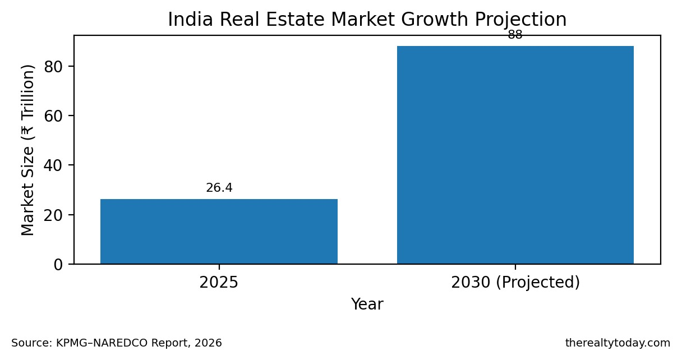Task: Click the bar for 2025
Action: (219, 231)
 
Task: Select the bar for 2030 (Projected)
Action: (515, 155)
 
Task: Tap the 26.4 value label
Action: (219, 188)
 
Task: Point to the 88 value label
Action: (515, 35)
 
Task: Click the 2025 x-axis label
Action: (219, 282)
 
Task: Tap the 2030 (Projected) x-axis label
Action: (515, 282)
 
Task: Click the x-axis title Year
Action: (367, 304)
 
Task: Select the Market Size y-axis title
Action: (29, 150)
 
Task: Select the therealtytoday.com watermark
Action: (618, 343)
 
